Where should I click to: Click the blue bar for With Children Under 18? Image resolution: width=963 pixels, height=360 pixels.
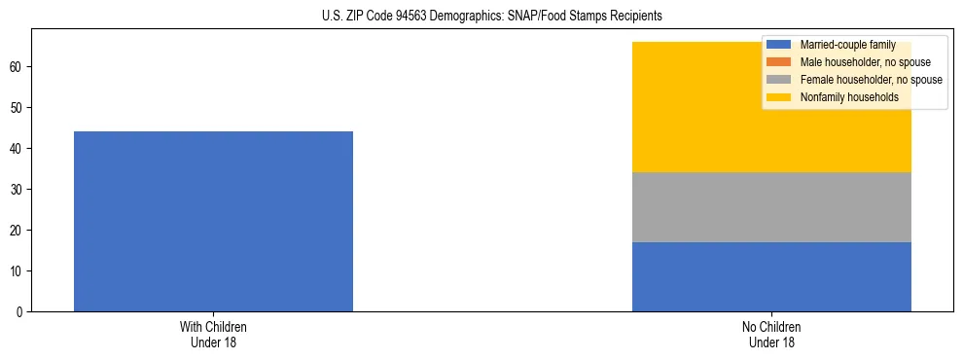coord(213,221)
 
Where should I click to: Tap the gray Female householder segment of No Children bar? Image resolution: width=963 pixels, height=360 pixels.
coord(771,207)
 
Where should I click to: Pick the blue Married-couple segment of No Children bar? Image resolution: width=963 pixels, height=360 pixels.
coord(771,276)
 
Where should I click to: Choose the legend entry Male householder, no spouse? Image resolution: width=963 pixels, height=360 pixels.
coord(856,62)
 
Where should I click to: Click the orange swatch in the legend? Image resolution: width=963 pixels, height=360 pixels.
coord(780,62)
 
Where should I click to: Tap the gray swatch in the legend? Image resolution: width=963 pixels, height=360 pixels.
coord(780,80)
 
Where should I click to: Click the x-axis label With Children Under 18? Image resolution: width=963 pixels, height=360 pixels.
coord(213,335)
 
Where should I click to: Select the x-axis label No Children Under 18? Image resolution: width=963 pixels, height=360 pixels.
coord(771,335)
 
